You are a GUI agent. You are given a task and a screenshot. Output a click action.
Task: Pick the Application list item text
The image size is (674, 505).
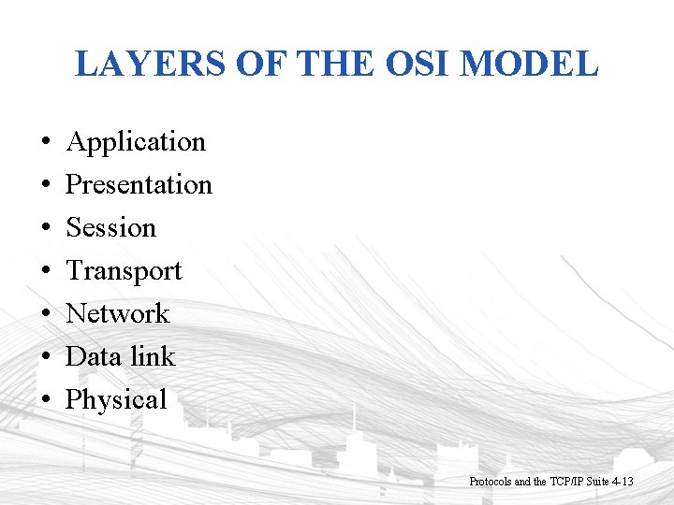click(136, 142)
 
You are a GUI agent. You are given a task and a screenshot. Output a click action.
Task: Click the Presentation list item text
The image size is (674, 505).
click(139, 184)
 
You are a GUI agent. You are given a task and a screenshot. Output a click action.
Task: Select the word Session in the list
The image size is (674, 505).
click(110, 227)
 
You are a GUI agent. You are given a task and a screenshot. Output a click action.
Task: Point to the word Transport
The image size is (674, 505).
click(124, 271)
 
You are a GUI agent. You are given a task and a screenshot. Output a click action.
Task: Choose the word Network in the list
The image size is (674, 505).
click(117, 313)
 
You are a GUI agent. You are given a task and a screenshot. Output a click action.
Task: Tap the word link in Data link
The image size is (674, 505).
click(152, 356)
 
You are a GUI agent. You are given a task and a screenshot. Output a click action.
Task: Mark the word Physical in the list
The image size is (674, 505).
click(116, 400)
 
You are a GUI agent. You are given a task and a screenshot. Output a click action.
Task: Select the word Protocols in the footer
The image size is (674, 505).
click(490, 482)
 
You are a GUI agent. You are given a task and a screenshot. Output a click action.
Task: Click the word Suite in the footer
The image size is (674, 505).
click(597, 482)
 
